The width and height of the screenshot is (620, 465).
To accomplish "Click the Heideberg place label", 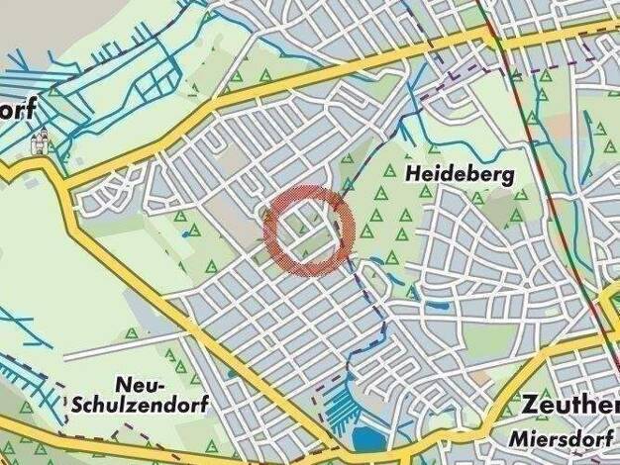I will tap(460, 175).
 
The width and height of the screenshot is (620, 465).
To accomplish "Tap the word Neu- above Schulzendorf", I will tap(139, 384).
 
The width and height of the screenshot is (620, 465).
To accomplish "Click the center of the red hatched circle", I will tap(309, 230).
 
